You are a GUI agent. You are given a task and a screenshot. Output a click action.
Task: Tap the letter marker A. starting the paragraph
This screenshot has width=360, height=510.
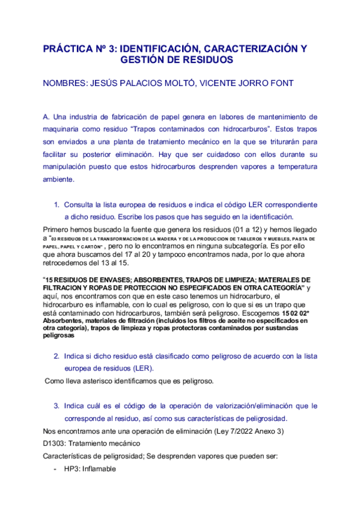46,116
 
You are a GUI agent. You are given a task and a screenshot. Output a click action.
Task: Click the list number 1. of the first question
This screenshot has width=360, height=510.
58,204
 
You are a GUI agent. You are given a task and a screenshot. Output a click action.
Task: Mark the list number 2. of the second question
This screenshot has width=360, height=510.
58,356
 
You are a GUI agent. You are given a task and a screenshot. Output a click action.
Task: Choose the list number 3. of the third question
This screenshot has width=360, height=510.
58,406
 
